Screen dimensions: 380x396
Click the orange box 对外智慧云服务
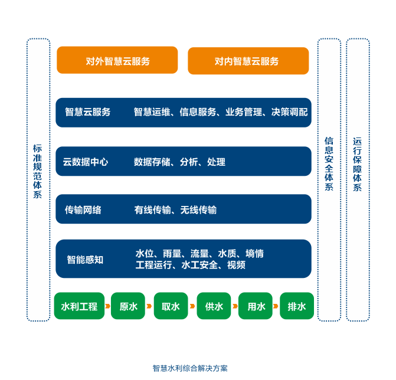tap(117, 60)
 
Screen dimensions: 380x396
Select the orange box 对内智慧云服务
tap(248, 61)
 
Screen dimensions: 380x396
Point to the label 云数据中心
tap(86, 162)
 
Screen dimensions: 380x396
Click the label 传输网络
tap(83, 209)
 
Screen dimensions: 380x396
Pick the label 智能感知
tap(85, 259)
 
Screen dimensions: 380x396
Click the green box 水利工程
tap(79, 306)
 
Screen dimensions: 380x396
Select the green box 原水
tap(128, 306)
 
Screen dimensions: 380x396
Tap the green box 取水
tap(171, 306)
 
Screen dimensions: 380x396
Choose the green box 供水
tap(214, 306)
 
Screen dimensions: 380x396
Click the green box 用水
tap(256, 306)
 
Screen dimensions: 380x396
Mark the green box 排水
tap(297, 306)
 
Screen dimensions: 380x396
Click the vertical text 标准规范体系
tap(38, 171)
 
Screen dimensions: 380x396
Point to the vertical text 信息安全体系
tap(329, 164)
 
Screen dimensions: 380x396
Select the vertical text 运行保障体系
tap(358, 164)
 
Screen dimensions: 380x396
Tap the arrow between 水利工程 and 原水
tap(107, 306)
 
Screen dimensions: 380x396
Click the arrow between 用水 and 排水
tap(276, 306)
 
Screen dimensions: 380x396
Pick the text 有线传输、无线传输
tap(175, 210)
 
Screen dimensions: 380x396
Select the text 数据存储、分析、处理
tap(179, 162)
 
